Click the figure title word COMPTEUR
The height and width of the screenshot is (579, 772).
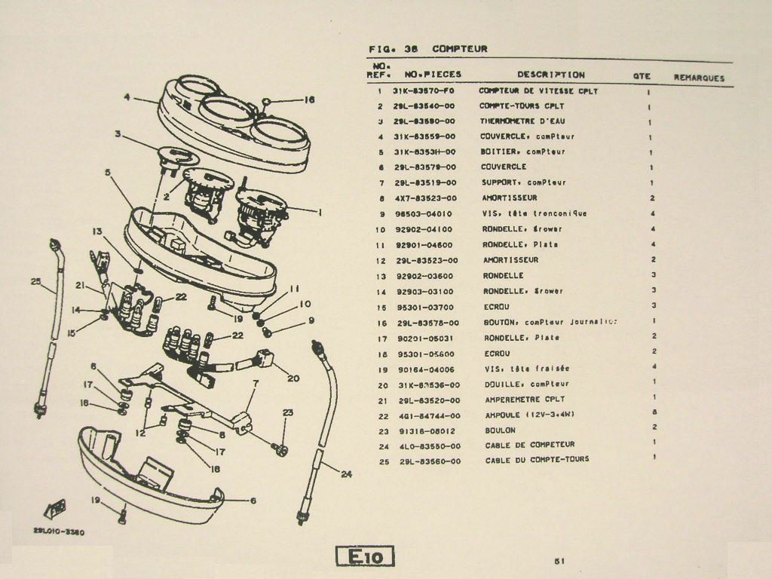(x=459, y=49)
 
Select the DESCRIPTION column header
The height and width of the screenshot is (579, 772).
(x=550, y=75)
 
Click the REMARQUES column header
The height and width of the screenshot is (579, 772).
(x=698, y=78)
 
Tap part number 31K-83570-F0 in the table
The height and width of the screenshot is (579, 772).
(x=423, y=91)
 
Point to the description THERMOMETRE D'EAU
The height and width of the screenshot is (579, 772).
(x=522, y=121)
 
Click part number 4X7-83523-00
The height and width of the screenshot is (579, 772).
(x=424, y=198)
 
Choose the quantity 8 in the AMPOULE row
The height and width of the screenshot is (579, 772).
(x=653, y=412)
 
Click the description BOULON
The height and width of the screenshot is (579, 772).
(x=500, y=430)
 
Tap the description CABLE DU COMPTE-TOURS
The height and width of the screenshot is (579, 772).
(x=537, y=460)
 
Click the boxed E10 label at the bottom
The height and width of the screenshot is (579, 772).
(x=365, y=557)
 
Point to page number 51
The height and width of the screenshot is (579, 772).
(x=559, y=560)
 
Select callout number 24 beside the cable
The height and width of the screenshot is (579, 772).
(x=345, y=474)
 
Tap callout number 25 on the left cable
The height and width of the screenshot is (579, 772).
(x=35, y=282)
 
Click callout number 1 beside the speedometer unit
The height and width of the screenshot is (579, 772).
(x=320, y=213)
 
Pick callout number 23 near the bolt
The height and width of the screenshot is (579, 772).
(x=288, y=412)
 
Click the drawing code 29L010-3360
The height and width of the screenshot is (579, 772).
(x=59, y=532)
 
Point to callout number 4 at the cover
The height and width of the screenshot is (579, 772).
(x=127, y=97)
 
